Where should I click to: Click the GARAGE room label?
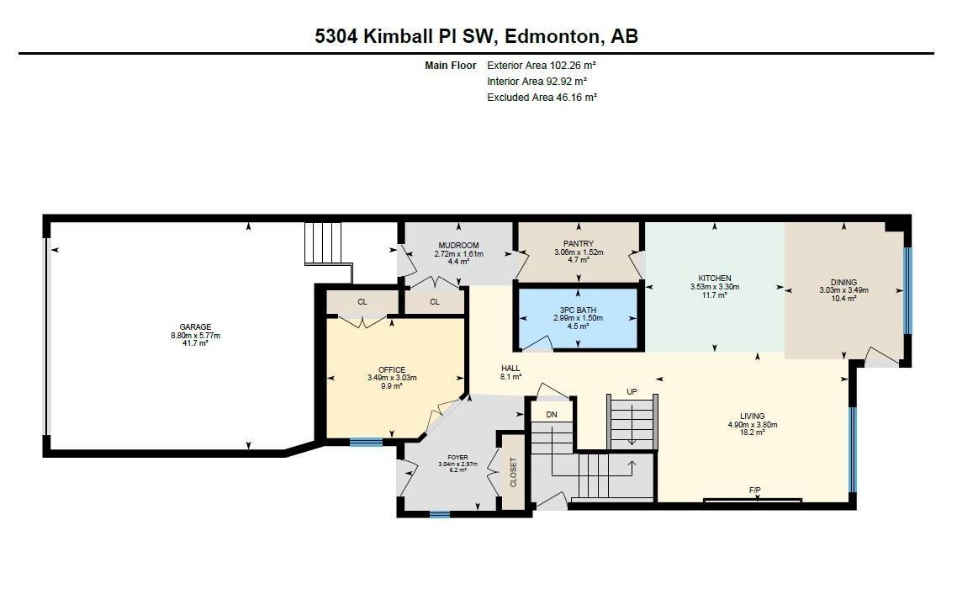point(194,327)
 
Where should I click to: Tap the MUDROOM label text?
point(459,246)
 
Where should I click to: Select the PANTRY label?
point(579,244)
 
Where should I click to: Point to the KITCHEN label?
point(714,279)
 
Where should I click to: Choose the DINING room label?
point(843,283)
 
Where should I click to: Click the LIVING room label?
point(752,417)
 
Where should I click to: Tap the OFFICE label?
point(391,370)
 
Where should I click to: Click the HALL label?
point(510,369)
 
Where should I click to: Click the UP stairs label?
point(632,392)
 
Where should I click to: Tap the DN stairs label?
point(552,415)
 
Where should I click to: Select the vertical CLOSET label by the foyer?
point(513,472)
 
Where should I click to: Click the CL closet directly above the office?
point(362,302)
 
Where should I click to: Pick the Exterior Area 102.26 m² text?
point(542,66)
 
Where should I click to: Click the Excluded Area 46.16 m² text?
point(542,98)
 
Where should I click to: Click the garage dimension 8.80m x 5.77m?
point(194,336)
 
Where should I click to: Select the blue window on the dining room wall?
point(906,290)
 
